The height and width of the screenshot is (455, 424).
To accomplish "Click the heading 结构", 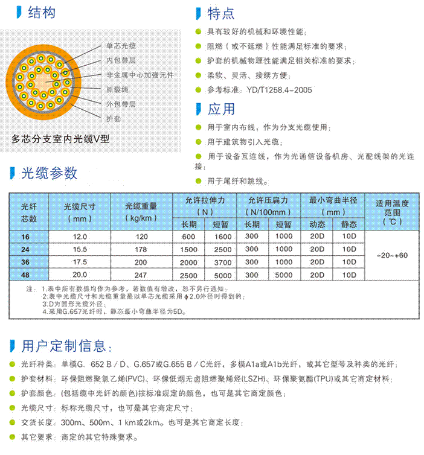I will pyautogui.click(x=42, y=11).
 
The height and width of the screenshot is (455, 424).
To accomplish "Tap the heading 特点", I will pyautogui.click(x=221, y=13).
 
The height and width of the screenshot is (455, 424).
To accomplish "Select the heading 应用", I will pyautogui.click(x=221, y=110).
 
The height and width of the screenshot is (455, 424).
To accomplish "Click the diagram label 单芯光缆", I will pyautogui.click(x=121, y=46).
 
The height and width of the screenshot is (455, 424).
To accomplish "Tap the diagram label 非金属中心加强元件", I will pyautogui.click(x=140, y=75).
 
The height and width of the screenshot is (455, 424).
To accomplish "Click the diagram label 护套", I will pyautogui.click(x=113, y=119).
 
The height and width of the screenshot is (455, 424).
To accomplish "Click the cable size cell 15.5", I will pyautogui.click(x=79, y=249).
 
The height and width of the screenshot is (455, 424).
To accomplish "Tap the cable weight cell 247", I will pyautogui.click(x=141, y=275).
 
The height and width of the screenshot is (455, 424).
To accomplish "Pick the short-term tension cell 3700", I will pyautogui.click(x=223, y=262).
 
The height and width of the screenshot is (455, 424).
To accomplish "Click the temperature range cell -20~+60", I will pyautogui.click(x=392, y=255).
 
